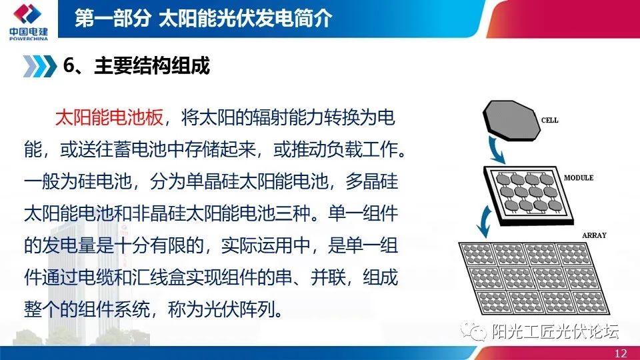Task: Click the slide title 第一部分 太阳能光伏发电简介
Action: point(203,19)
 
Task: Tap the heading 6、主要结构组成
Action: point(136,67)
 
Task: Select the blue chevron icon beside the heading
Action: point(39,67)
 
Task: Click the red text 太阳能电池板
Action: point(109,119)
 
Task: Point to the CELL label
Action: point(550,121)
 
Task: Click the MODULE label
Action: point(578,178)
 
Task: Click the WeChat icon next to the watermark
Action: point(478,331)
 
